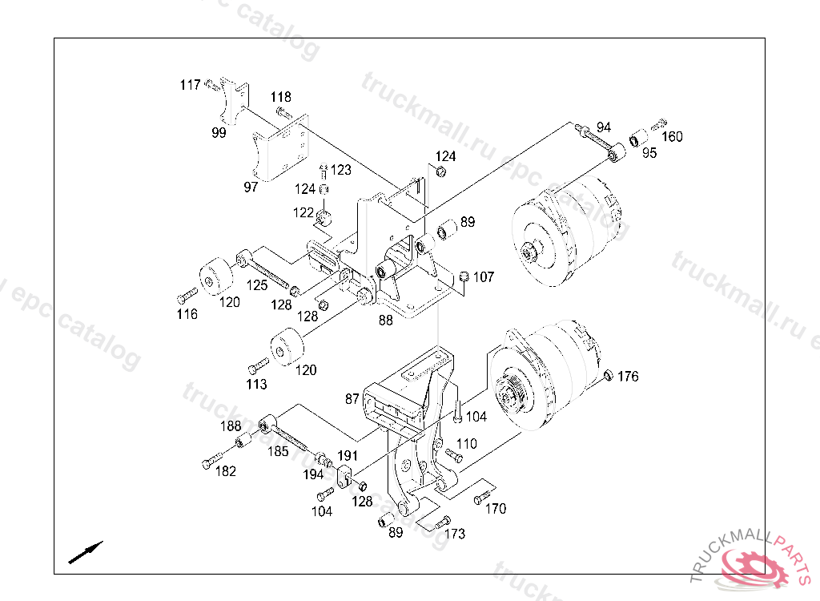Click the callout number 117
tap(191, 85)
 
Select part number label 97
tap(251, 187)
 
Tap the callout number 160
tap(672, 137)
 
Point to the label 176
tap(628, 377)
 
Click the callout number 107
tap(484, 277)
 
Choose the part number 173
tap(455, 534)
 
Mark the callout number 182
tap(225, 471)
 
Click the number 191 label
tap(348, 455)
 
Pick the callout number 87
tap(352, 399)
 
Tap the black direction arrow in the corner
tap(86, 553)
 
